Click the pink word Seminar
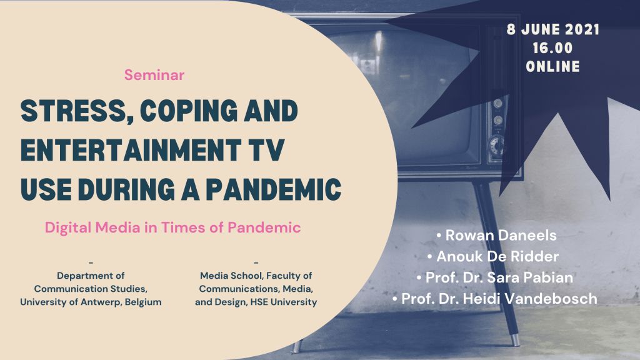click(154, 75)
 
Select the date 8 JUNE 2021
click(553, 29)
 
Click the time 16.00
click(553, 48)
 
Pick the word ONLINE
click(553, 66)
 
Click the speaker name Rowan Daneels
click(501, 235)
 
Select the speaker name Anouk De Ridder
click(497, 256)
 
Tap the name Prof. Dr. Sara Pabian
click(499, 277)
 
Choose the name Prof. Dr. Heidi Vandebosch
click(499, 299)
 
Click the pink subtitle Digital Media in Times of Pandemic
click(172, 227)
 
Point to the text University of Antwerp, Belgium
click(91, 302)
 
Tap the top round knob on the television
click(497, 103)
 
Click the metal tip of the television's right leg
click(516, 340)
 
